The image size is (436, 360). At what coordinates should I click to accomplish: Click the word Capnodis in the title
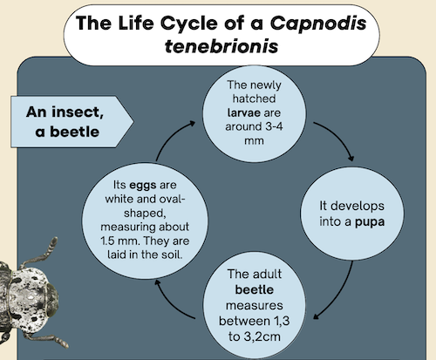point(318,23)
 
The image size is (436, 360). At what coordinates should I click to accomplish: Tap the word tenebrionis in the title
point(221,46)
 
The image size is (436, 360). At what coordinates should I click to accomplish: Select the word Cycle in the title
point(189,23)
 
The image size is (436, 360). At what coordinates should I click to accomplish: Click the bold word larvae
point(243,112)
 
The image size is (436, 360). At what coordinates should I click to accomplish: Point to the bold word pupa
point(370,222)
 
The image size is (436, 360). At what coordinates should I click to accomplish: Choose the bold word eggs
point(143,186)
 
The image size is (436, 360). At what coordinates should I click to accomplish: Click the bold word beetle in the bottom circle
point(255,289)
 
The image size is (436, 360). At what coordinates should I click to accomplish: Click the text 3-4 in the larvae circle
point(274,126)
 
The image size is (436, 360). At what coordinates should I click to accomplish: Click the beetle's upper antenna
point(41,252)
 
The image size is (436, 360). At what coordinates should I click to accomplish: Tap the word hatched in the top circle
point(254,98)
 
